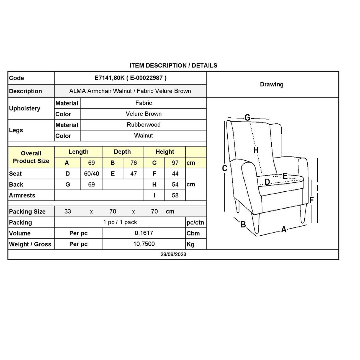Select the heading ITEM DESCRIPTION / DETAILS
click(173, 66)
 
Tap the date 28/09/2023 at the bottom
click(173, 254)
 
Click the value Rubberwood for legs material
click(143, 125)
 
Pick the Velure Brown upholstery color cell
click(143, 114)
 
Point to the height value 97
click(175, 163)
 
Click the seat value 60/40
click(91, 174)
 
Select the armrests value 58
click(175, 195)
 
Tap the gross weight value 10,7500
click(144, 244)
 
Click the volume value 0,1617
click(144, 233)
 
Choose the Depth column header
click(122, 152)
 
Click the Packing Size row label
click(27, 212)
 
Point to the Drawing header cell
click(272, 84)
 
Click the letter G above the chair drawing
click(247, 117)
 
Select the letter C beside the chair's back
click(225, 168)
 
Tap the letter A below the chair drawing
click(284, 229)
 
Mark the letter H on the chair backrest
click(256, 150)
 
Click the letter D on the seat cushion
click(267, 182)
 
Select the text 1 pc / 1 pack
click(120, 222)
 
